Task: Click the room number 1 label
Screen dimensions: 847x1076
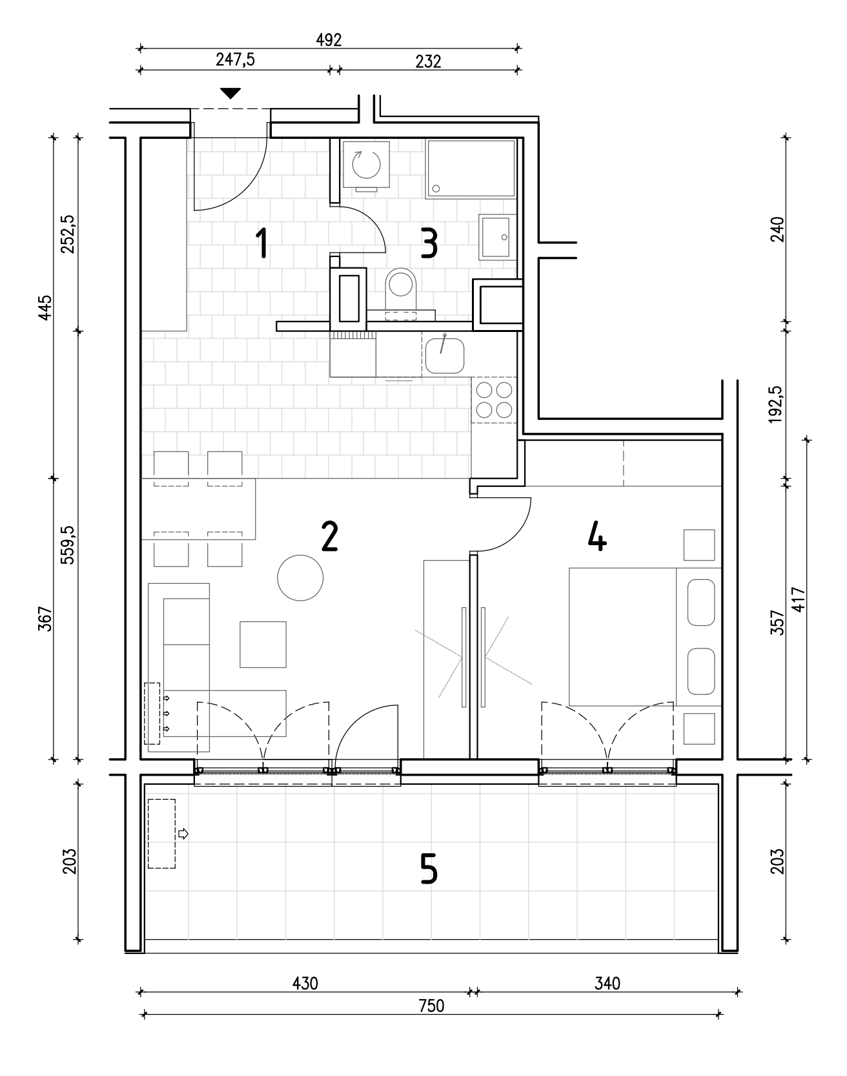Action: tap(261, 244)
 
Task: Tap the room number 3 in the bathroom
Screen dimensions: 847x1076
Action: tap(430, 244)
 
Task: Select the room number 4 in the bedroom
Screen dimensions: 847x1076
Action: tap(598, 537)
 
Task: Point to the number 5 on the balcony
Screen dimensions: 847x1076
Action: tap(429, 869)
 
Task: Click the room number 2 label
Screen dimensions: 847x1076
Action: tap(329, 537)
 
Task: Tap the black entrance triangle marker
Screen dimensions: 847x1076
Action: tap(230, 94)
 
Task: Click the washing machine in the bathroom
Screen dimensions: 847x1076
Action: tap(367, 165)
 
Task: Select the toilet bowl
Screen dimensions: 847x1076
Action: tap(401, 290)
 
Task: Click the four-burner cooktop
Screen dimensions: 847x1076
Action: tap(494, 400)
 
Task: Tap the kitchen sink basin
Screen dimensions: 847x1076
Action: tap(444, 356)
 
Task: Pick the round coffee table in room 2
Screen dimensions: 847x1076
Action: tap(300, 578)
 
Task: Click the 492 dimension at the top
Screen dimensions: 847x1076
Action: tap(329, 39)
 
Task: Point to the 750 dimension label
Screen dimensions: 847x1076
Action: tap(431, 1006)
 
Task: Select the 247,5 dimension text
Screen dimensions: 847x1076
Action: tap(236, 60)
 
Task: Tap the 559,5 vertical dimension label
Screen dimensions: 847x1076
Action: tap(68, 545)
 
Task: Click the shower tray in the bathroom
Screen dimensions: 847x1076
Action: tap(471, 169)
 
